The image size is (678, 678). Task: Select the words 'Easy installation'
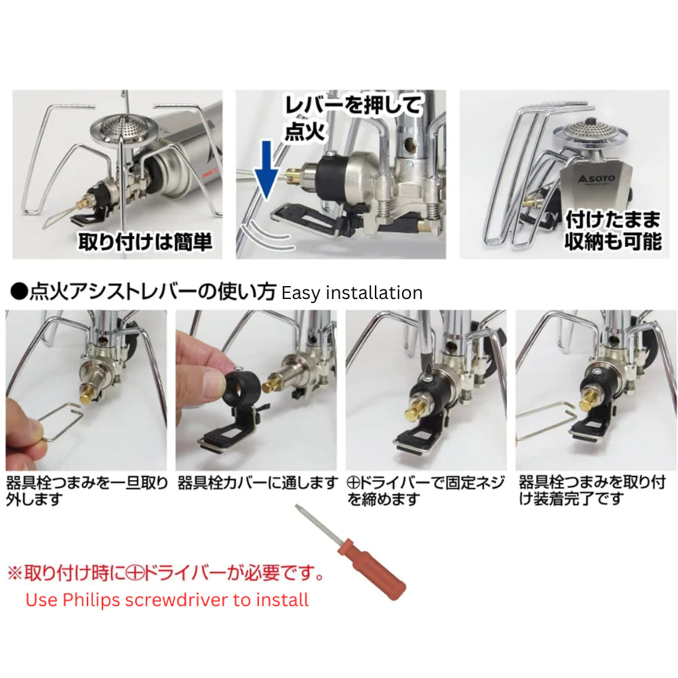pyautogui.click(x=351, y=293)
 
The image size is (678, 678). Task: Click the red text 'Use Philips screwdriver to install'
pyautogui.click(x=167, y=599)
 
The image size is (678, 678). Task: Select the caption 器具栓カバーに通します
pyautogui.click(x=258, y=483)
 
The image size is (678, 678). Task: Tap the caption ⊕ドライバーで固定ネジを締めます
pyautogui.click(x=425, y=490)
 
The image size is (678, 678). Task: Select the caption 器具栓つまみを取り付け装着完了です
pyautogui.click(x=592, y=490)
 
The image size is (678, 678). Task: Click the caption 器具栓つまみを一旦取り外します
pyautogui.click(x=86, y=490)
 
